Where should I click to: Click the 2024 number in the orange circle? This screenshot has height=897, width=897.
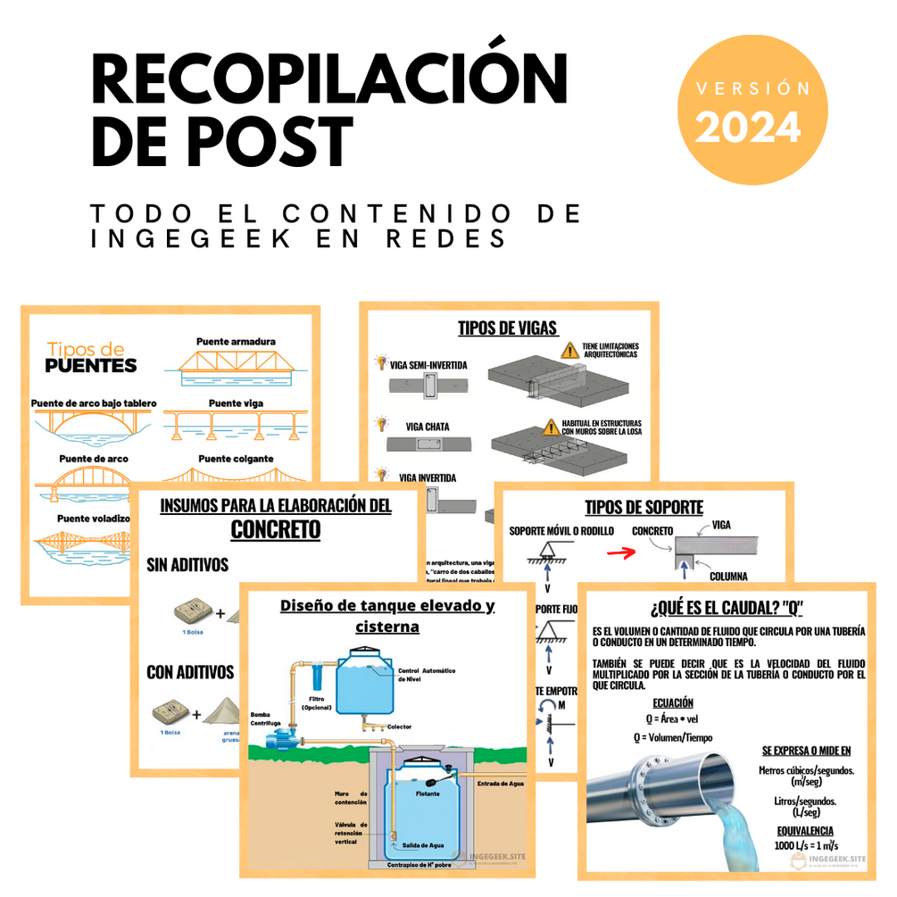(748, 127)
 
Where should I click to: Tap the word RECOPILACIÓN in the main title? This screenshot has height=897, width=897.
(330, 80)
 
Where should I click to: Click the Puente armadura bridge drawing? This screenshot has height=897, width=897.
(236, 365)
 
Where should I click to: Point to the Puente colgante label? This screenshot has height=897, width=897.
(236, 458)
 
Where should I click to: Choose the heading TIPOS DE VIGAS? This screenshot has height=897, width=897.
(508, 327)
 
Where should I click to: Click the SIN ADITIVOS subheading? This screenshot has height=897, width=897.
(187, 565)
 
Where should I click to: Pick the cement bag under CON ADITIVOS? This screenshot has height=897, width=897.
(170, 712)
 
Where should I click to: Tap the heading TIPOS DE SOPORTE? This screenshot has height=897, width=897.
(644, 508)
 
